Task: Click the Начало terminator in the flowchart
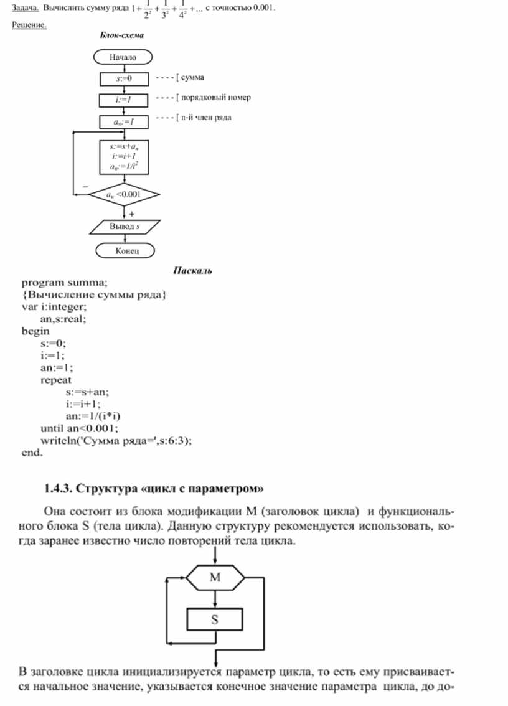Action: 123,57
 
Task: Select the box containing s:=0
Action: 124,78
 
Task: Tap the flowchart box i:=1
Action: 124,99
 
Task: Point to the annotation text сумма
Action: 192,78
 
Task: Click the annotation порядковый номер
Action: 215,98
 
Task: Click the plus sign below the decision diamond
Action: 131,213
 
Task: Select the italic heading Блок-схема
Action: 122,36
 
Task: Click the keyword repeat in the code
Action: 56,379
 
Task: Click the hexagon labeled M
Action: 215,577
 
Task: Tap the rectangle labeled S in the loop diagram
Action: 215,619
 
